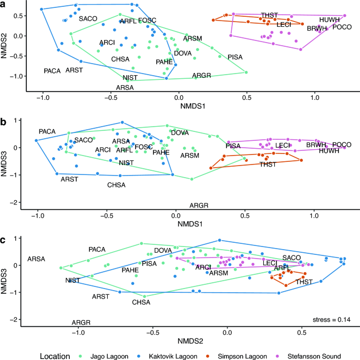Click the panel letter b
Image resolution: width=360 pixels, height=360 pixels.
[x=4, y=121]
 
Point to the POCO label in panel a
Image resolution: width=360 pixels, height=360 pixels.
[x=343, y=27]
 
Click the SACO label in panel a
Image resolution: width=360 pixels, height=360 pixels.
[x=88, y=19]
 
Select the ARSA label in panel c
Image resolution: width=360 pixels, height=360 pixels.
[x=36, y=259]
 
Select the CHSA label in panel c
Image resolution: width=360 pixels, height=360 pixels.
[x=141, y=302]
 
